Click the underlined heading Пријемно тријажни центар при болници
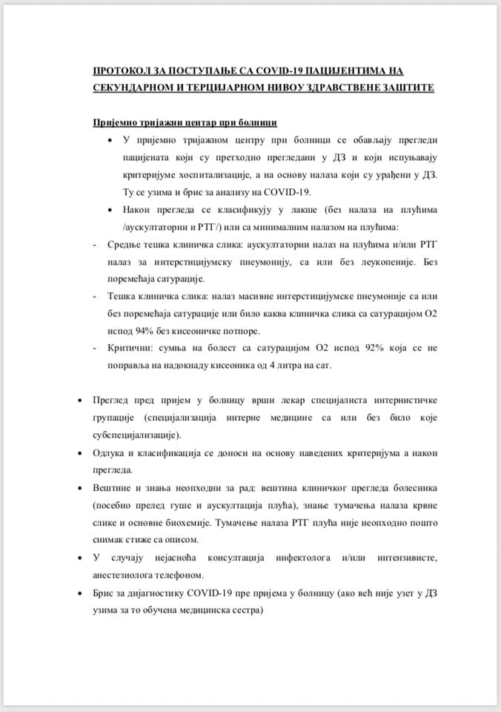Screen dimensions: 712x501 point(185,122)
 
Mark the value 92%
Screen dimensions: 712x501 point(336,349)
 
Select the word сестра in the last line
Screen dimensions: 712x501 point(249,610)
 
